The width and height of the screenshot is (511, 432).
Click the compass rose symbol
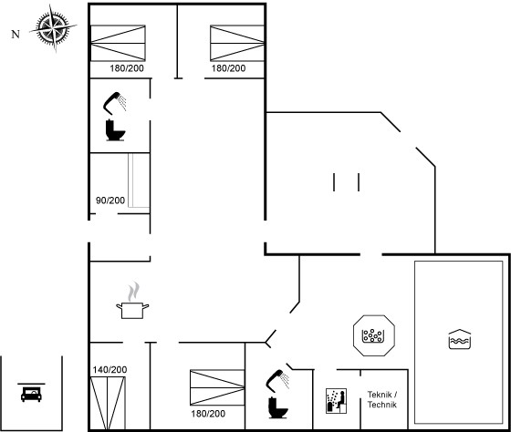coord(53,27)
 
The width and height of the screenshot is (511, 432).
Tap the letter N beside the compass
coord(16,35)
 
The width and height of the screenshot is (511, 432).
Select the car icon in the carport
coord(31,393)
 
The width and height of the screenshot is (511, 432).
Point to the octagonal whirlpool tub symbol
coord(374,335)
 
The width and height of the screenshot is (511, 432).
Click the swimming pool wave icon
coord(460,339)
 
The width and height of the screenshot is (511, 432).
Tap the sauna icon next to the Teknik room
coord(336,401)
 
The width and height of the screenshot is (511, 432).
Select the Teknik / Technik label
coord(382,399)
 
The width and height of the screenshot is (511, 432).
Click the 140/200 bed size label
coord(109,370)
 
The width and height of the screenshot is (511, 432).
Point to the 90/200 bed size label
coord(110,201)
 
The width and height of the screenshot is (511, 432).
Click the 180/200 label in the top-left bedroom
coord(127,68)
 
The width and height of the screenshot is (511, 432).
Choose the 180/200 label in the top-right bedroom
coord(228,68)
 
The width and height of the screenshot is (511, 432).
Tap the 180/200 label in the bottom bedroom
coord(208,414)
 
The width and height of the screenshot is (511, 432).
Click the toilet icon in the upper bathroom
coord(115,130)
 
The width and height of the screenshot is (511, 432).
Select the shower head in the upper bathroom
coord(114,103)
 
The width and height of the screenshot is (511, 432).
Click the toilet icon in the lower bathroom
coord(278,407)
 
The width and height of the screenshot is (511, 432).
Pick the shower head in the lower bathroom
coord(277,380)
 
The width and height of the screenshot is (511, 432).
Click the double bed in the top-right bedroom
coord(237,43)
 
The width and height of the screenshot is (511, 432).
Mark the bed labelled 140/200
coord(108,404)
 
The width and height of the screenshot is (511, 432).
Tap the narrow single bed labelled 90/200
coord(139,180)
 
